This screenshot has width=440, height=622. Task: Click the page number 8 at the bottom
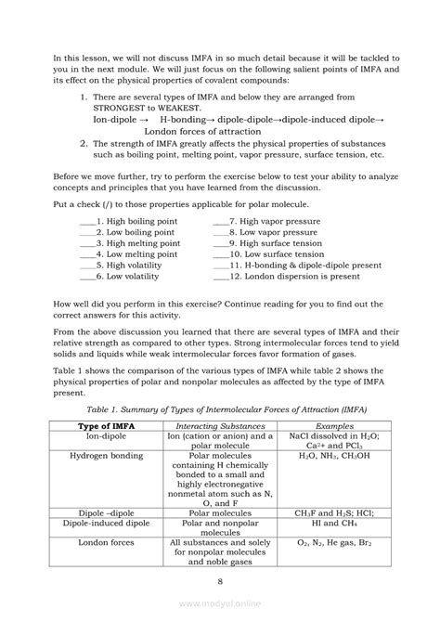coord(220,581)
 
